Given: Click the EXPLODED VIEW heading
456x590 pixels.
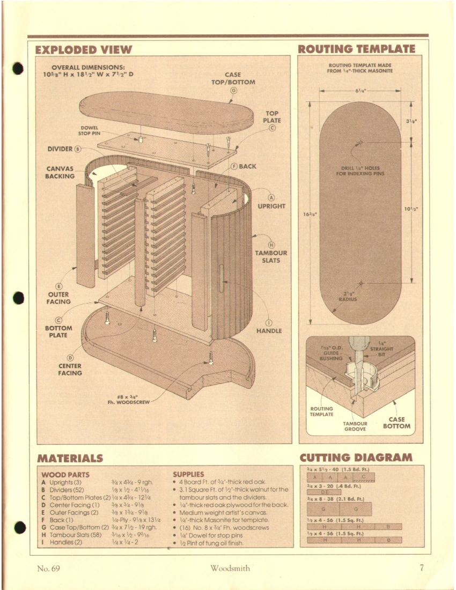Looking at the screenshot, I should point(83,50).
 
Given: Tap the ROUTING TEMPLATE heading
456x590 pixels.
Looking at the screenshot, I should point(356,49).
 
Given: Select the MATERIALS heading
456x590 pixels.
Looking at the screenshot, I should point(70,458).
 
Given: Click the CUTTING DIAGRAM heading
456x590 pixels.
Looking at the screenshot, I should point(356,458).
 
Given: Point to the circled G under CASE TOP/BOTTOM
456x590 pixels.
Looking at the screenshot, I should point(233,90).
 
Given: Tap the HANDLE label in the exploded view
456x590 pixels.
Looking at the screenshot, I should point(269,331).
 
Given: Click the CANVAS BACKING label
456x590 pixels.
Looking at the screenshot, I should point(60,172).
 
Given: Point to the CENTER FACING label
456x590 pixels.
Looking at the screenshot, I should point(70,369).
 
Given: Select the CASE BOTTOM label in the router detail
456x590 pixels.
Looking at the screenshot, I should point(397,423).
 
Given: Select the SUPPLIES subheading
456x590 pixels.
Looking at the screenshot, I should point(188,474).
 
